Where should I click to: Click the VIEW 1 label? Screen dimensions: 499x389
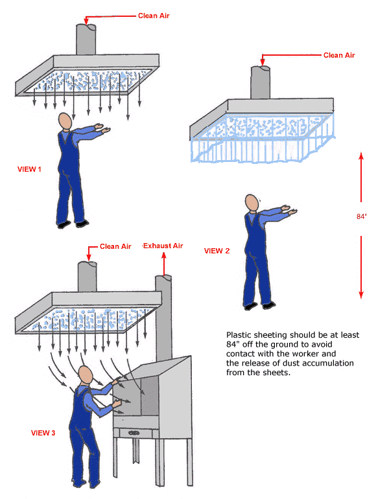29,169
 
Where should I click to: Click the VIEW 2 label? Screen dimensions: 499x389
217,251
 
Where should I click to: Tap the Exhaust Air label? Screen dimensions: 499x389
163,246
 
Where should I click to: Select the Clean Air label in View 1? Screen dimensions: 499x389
154,16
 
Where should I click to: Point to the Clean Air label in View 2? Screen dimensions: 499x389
339,56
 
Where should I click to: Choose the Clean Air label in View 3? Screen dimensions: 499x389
115,246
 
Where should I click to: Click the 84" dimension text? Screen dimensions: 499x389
362,217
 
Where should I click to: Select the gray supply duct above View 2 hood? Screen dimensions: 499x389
261,80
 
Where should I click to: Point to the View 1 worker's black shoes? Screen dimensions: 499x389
72,225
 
